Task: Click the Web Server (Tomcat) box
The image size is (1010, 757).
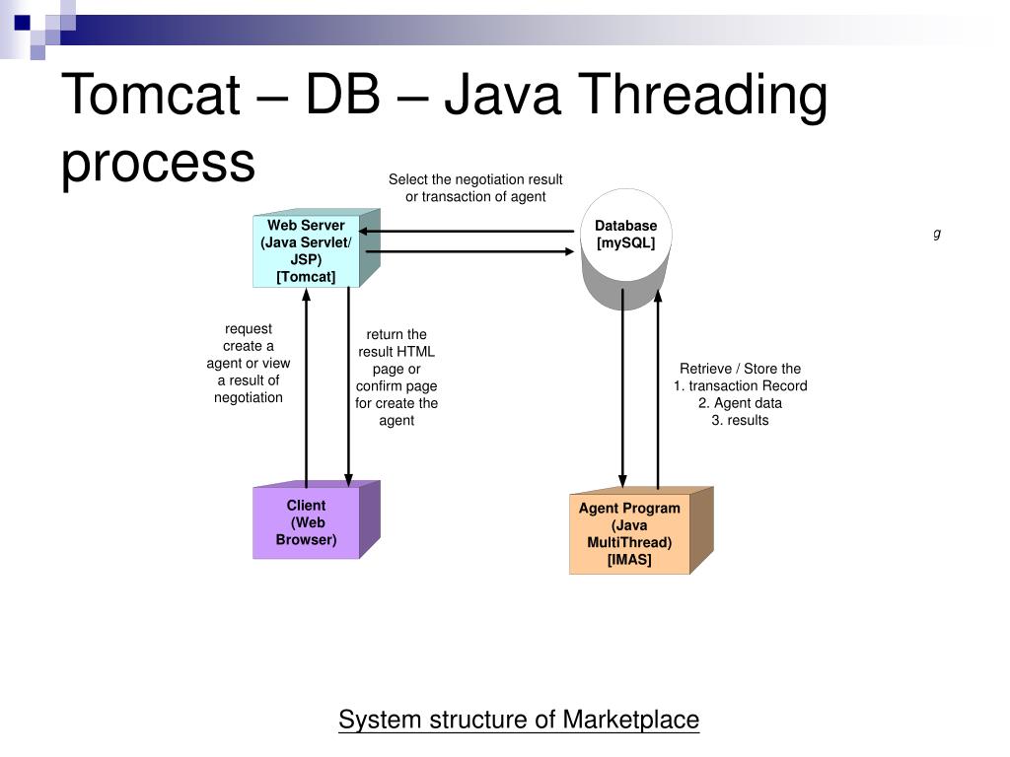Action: point(316,247)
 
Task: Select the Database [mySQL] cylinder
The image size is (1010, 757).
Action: point(626,249)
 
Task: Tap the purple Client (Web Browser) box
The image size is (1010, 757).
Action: point(316,519)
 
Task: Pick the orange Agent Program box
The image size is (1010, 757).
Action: point(641,530)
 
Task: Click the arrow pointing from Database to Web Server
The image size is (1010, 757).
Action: point(467,231)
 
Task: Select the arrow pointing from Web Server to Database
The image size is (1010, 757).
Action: point(469,251)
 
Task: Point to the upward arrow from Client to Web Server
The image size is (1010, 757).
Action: point(307,388)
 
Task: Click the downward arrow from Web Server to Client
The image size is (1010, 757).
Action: point(348,386)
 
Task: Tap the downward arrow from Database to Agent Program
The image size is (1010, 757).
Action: point(623,388)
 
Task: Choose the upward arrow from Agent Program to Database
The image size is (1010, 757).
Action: point(658,389)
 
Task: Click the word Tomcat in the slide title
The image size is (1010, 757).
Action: point(151,95)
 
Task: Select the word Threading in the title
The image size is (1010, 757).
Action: point(702,98)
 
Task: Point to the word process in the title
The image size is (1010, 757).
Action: point(158,165)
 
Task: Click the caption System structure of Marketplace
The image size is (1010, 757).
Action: point(519,720)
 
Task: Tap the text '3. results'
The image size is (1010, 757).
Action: point(740,420)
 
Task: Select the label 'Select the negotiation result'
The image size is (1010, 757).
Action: point(475,179)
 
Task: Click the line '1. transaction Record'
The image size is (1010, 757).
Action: point(740,385)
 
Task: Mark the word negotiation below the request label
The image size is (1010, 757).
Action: point(249,398)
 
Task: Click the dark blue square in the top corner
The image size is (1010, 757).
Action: point(22,24)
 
